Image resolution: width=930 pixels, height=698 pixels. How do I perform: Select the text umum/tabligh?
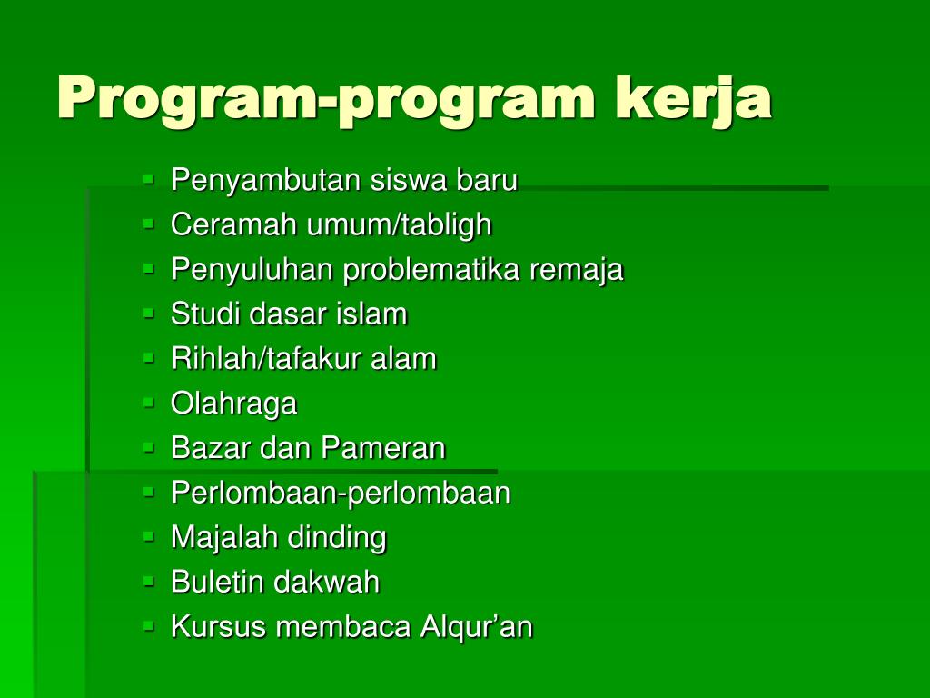(x=399, y=225)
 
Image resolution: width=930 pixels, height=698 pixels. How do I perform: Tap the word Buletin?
(x=219, y=582)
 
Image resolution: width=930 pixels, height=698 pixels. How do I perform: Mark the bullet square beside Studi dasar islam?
(x=148, y=313)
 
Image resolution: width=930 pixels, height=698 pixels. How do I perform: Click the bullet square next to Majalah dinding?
(x=148, y=536)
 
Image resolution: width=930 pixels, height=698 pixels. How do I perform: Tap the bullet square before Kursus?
(x=148, y=625)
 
